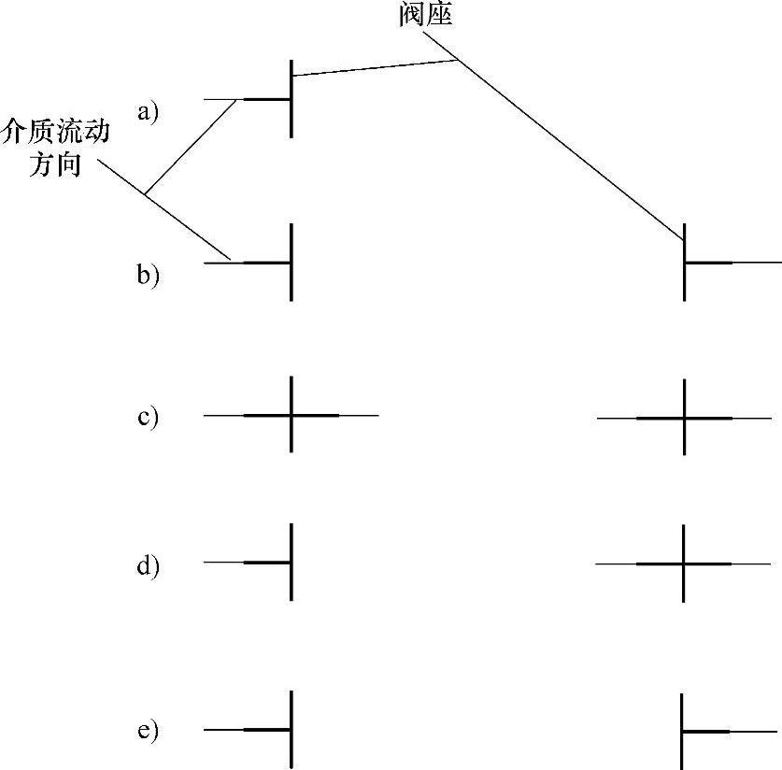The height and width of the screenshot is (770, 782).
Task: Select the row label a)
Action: [x=149, y=113]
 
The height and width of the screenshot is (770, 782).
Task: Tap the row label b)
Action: [x=149, y=276]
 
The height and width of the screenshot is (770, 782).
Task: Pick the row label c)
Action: [x=149, y=417]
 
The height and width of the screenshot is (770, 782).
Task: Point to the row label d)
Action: [x=149, y=566]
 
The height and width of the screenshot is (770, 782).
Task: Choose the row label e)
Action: [x=149, y=730]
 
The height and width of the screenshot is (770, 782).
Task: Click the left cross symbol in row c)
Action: [x=291, y=414]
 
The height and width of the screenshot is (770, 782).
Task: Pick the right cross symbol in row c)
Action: [x=685, y=418]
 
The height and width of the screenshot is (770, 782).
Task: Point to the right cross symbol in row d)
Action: [x=684, y=563]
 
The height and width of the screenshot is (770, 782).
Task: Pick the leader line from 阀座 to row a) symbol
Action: [x=374, y=68]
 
